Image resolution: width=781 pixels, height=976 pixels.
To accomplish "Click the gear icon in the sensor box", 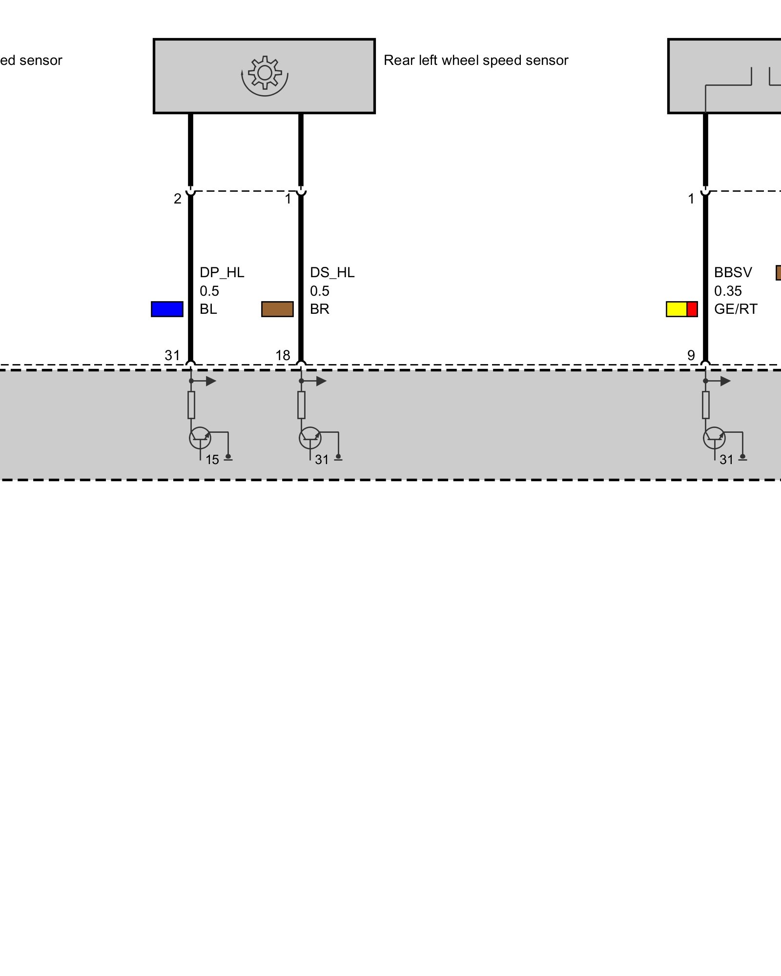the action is (265, 74).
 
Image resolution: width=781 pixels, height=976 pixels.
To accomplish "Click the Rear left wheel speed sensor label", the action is (475, 61).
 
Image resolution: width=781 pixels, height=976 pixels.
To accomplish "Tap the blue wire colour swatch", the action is (167, 309).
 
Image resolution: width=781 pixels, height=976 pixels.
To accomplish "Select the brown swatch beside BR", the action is (277, 309).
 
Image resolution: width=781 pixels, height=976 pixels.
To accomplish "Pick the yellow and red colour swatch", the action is (681, 309).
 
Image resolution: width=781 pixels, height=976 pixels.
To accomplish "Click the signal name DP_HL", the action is (222, 272).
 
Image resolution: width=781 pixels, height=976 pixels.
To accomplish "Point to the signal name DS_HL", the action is (332, 272).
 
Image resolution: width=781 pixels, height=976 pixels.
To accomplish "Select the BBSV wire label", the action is (733, 272).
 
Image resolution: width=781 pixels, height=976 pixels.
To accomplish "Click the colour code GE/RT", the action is (735, 309).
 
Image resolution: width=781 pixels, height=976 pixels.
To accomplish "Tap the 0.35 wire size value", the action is (727, 291).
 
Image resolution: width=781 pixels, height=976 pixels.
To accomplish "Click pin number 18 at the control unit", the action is (283, 355).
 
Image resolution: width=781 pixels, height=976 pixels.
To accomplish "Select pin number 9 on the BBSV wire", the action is (691, 355).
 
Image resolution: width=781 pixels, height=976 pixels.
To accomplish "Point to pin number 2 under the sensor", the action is (177, 199).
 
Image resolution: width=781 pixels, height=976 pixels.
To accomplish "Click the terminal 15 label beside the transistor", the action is (212, 460).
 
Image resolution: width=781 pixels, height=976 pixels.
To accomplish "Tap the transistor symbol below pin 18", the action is (310, 438).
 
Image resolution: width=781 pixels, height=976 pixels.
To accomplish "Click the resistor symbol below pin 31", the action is (191, 405).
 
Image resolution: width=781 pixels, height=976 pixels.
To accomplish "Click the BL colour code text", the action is (208, 309).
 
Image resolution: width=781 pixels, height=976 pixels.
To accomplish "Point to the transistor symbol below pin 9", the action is (714, 438).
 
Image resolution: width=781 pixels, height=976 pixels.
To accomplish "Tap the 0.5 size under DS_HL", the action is (319, 291).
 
